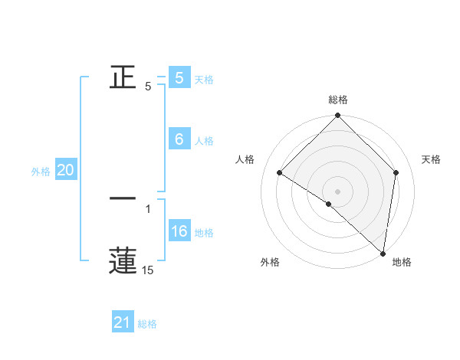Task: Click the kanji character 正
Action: click(x=123, y=77)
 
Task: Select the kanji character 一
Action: click(x=123, y=198)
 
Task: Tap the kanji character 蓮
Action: click(x=123, y=260)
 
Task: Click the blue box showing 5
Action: click(x=179, y=78)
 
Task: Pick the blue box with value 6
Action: click(x=179, y=139)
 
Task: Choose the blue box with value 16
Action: click(x=179, y=231)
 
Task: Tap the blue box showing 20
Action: click(x=65, y=171)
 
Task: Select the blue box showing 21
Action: click(x=123, y=323)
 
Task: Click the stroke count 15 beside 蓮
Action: click(x=147, y=270)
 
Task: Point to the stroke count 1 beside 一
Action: click(x=148, y=208)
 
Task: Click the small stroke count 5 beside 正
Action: click(x=148, y=87)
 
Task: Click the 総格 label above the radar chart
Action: click(x=338, y=100)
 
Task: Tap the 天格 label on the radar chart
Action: click(x=431, y=159)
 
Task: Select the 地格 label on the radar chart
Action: click(x=402, y=263)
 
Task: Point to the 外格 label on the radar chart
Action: click(x=270, y=263)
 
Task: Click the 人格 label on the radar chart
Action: click(x=245, y=159)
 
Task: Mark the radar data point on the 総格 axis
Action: click(x=338, y=116)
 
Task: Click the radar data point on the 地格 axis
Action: click(x=383, y=253)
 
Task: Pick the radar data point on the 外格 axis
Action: click(x=329, y=204)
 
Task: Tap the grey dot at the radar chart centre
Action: click(x=338, y=191)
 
